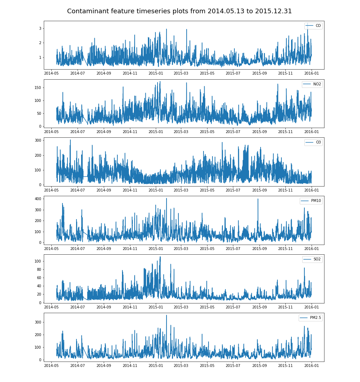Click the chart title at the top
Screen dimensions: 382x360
pos(179,11)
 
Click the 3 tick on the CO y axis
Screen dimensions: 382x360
pos(40,28)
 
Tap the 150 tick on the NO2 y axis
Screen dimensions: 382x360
pos(38,88)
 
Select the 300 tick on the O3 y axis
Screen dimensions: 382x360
pos(38,140)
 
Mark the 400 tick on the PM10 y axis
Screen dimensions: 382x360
pos(38,199)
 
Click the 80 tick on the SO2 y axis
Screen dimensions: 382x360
pos(39,269)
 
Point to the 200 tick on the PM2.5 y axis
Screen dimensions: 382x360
pos(38,335)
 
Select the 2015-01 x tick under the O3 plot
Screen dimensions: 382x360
pos(155,190)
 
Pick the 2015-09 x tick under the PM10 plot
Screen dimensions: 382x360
pos(260,249)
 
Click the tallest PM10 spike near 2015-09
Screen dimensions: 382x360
pos(258,199)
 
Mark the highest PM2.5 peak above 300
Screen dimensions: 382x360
pos(166,315)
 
